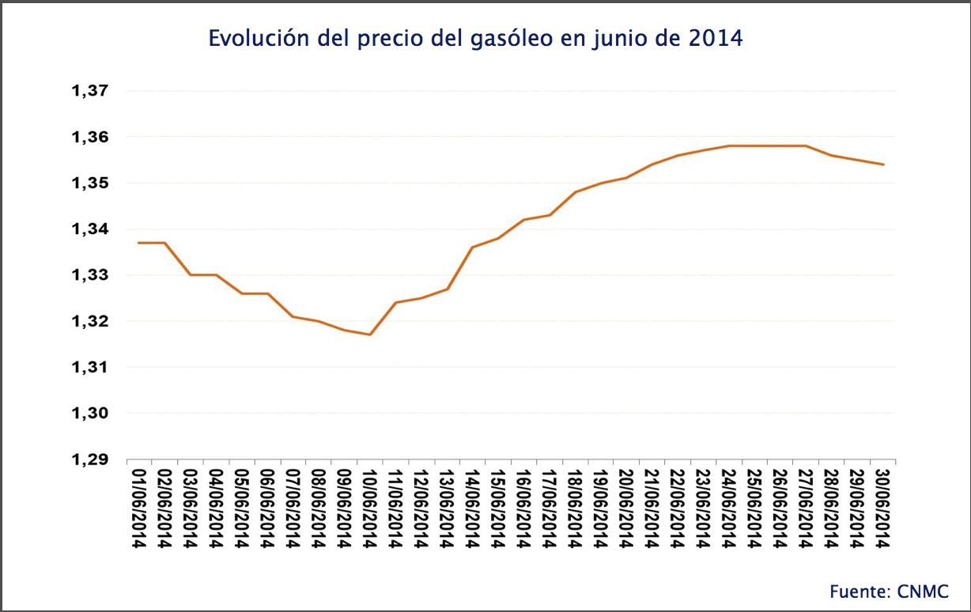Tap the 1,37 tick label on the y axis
pyautogui.click(x=89, y=92)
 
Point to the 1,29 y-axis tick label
pyautogui.click(x=89, y=460)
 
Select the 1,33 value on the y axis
pyautogui.click(x=89, y=276)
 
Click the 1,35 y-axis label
pyautogui.click(x=89, y=183)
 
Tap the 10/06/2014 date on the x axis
pyautogui.click(x=369, y=506)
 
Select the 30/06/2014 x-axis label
pyautogui.click(x=883, y=506)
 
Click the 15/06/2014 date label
pyautogui.click(x=497, y=506)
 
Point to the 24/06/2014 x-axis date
pyautogui.click(x=728, y=506)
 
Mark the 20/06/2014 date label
pyautogui.click(x=625, y=506)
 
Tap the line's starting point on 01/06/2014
pyautogui.click(x=139, y=243)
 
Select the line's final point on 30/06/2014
pyautogui.click(x=883, y=164)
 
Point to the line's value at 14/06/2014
pyautogui.click(x=472, y=247)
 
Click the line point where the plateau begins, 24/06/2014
pyautogui.click(x=728, y=145)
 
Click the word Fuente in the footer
pyautogui.click(x=859, y=591)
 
